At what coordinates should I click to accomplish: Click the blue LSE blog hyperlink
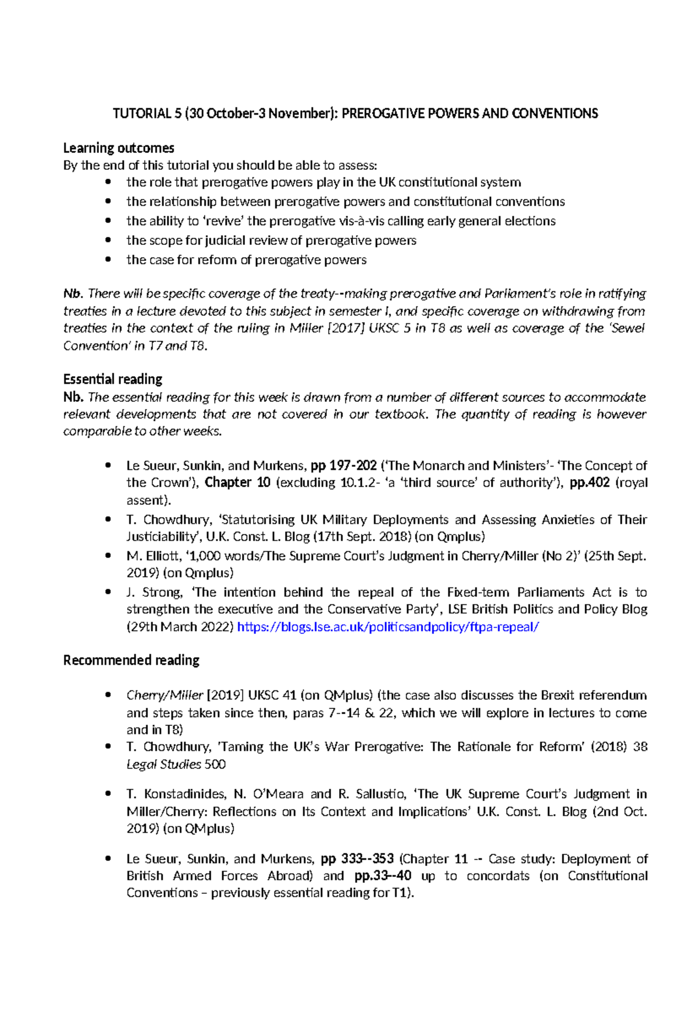coord(388,627)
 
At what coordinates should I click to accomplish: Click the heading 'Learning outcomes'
coord(119,148)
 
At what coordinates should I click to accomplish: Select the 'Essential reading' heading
coord(113,379)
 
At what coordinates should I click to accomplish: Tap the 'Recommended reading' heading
coord(131,660)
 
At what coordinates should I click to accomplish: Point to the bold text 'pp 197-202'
coord(344,466)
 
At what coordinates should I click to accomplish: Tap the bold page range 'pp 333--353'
coord(357,859)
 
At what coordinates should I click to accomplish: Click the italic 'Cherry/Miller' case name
coord(165,696)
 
